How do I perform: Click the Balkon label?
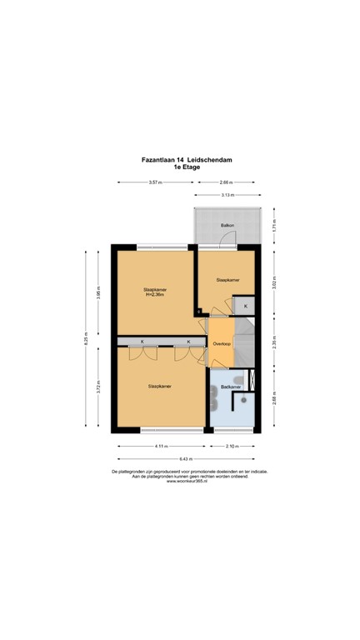point(227,226)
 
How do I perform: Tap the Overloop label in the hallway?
point(221,343)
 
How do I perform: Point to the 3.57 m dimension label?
point(154,182)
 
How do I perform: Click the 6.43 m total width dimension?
point(186,459)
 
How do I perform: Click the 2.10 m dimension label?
point(232,446)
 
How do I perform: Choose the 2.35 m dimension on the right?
point(274,345)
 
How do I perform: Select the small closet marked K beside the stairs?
point(245,307)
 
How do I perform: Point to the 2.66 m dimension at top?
point(225,182)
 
